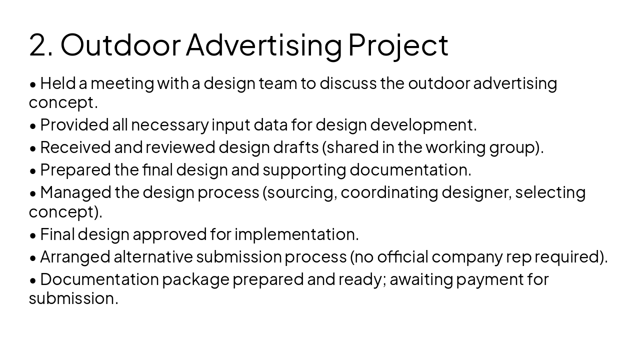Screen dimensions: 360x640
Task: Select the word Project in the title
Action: [x=398, y=44]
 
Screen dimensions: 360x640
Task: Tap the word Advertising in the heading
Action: [x=263, y=44]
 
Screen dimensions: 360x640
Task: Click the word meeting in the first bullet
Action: [x=122, y=83]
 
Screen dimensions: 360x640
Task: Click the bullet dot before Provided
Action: [x=33, y=125]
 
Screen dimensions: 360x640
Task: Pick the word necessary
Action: [x=169, y=124]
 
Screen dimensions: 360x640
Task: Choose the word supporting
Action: [x=304, y=170]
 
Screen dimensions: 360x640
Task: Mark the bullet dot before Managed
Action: [x=33, y=193]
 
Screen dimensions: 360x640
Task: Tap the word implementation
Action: [x=296, y=234]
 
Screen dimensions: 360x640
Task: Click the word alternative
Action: [x=153, y=256]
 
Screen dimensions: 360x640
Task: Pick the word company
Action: [x=467, y=256]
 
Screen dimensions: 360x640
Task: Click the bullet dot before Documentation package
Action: [x=33, y=280]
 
